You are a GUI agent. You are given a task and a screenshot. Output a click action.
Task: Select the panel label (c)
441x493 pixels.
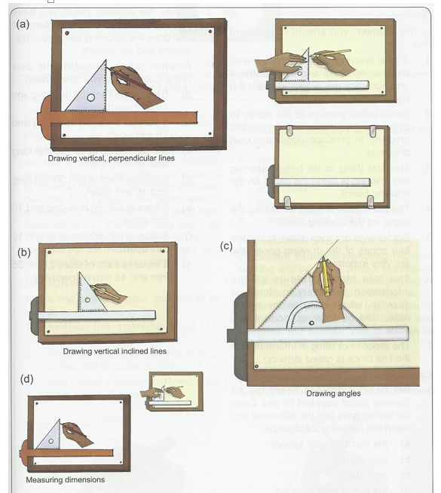(226, 246)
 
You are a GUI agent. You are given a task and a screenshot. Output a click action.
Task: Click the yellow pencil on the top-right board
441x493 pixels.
(339, 52)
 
